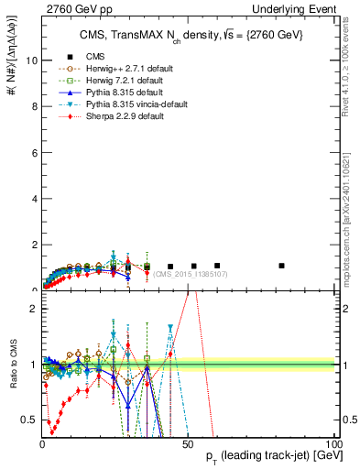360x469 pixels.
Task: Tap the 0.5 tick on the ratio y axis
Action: pos(28,420)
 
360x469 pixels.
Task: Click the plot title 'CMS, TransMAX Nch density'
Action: pos(188,36)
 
